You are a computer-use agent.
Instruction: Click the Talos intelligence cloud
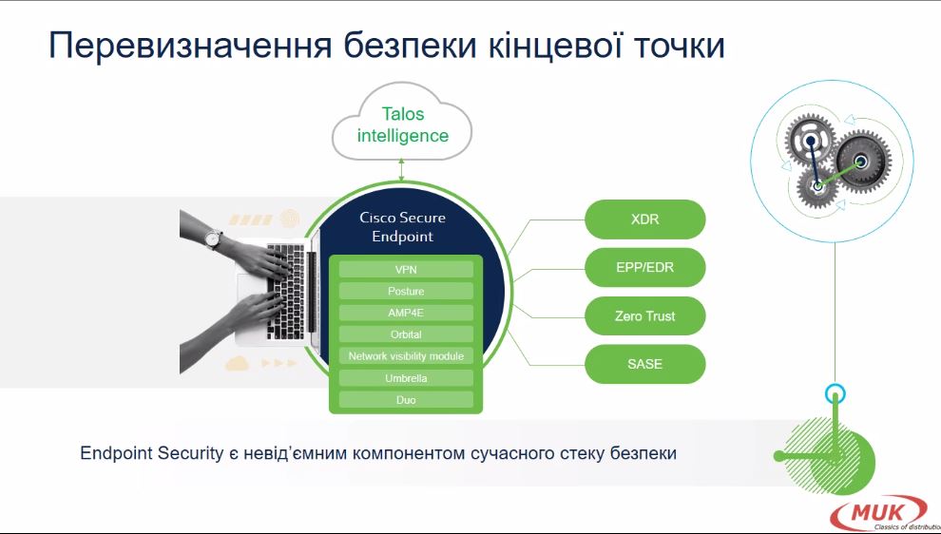[x=402, y=124]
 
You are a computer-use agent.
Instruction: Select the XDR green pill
[x=644, y=219]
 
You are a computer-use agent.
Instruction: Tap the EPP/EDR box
[x=644, y=267]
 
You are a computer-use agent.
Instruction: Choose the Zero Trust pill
[x=644, y=315]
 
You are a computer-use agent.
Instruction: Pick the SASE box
[x=644, y=364]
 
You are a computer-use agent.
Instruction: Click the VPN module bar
[x=406, y=270]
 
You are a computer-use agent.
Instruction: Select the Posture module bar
[x=406, y=291]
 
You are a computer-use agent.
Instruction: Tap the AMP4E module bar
[x=406, y=313]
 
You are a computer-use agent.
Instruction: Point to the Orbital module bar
[x=406, y=334]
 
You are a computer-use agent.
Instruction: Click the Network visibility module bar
[x=406, y=356]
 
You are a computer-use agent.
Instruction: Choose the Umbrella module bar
[x=406, y=378]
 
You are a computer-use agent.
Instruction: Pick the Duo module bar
[x=406, y=400]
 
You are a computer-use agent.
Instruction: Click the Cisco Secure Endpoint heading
[x=402, y=226]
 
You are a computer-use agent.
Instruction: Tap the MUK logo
[x=878, y=513]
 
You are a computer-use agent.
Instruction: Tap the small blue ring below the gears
[x=835, y=392]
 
